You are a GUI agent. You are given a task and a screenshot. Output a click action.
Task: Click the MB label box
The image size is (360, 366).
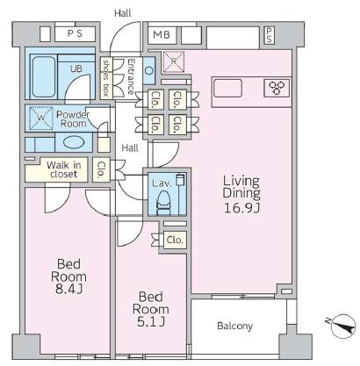point(162,35)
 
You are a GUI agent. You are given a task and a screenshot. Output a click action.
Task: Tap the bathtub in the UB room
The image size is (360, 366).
point(44,76)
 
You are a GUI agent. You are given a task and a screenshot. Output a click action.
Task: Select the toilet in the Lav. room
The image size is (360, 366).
point(164,203)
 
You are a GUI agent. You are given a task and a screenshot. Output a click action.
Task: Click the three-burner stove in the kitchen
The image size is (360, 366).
point(277,88)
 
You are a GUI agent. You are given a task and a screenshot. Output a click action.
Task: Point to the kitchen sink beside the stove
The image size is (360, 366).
point(227,88)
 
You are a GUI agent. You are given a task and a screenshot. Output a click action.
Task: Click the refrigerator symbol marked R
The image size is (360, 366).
point(174,61)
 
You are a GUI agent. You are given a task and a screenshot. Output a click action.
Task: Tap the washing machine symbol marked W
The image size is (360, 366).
point(41,118)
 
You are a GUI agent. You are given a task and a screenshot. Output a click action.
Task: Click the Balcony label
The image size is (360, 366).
point(234,326)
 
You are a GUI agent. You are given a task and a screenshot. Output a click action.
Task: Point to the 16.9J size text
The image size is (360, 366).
point(241,208)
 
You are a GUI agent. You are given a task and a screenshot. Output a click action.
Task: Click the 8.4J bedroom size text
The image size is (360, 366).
point(68,289)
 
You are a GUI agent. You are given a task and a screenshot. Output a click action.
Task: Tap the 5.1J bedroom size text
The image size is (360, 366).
point(151,322)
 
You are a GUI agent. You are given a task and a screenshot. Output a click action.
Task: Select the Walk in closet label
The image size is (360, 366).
point(63,169)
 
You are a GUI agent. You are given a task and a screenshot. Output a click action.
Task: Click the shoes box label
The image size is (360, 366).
point(105,77)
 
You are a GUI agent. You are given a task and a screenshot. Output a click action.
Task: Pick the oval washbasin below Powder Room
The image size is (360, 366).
point(74,142)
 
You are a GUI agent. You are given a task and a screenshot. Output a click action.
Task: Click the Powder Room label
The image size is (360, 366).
point(73,118)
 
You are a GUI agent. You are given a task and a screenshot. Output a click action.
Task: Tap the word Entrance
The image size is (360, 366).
point(130,76)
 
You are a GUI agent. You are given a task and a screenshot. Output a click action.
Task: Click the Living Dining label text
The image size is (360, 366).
point(241,187)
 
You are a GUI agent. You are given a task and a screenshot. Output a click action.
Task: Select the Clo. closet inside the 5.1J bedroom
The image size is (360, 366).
point(175,240)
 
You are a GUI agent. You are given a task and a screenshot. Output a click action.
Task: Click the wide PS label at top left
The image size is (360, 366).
point(76,33)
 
